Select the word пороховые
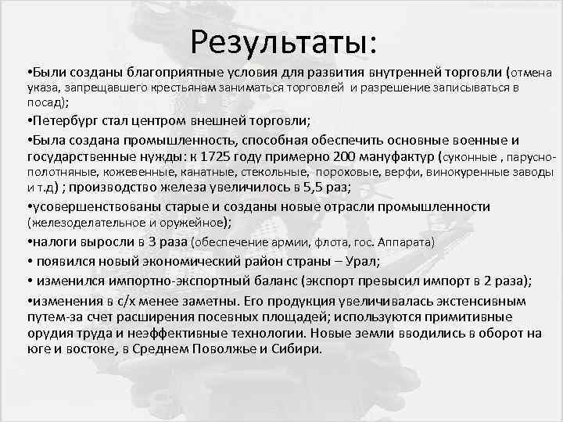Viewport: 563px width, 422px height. point(352,171)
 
